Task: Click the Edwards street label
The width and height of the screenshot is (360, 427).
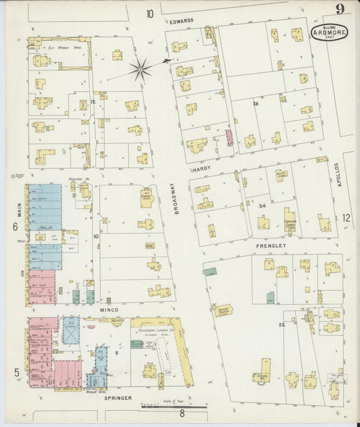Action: point(182,20)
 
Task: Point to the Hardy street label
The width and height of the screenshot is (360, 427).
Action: point(202,170)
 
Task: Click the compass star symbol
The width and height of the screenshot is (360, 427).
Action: point(140,68)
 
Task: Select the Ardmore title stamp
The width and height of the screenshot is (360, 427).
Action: point(326,33)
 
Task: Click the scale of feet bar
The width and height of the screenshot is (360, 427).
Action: point(174,407)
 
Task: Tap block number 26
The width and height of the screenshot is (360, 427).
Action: point(255,103)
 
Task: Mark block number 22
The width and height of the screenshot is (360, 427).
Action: point(282,325)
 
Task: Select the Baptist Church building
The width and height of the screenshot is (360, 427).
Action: point(222,309)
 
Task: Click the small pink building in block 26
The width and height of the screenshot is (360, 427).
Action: point(229,138)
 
